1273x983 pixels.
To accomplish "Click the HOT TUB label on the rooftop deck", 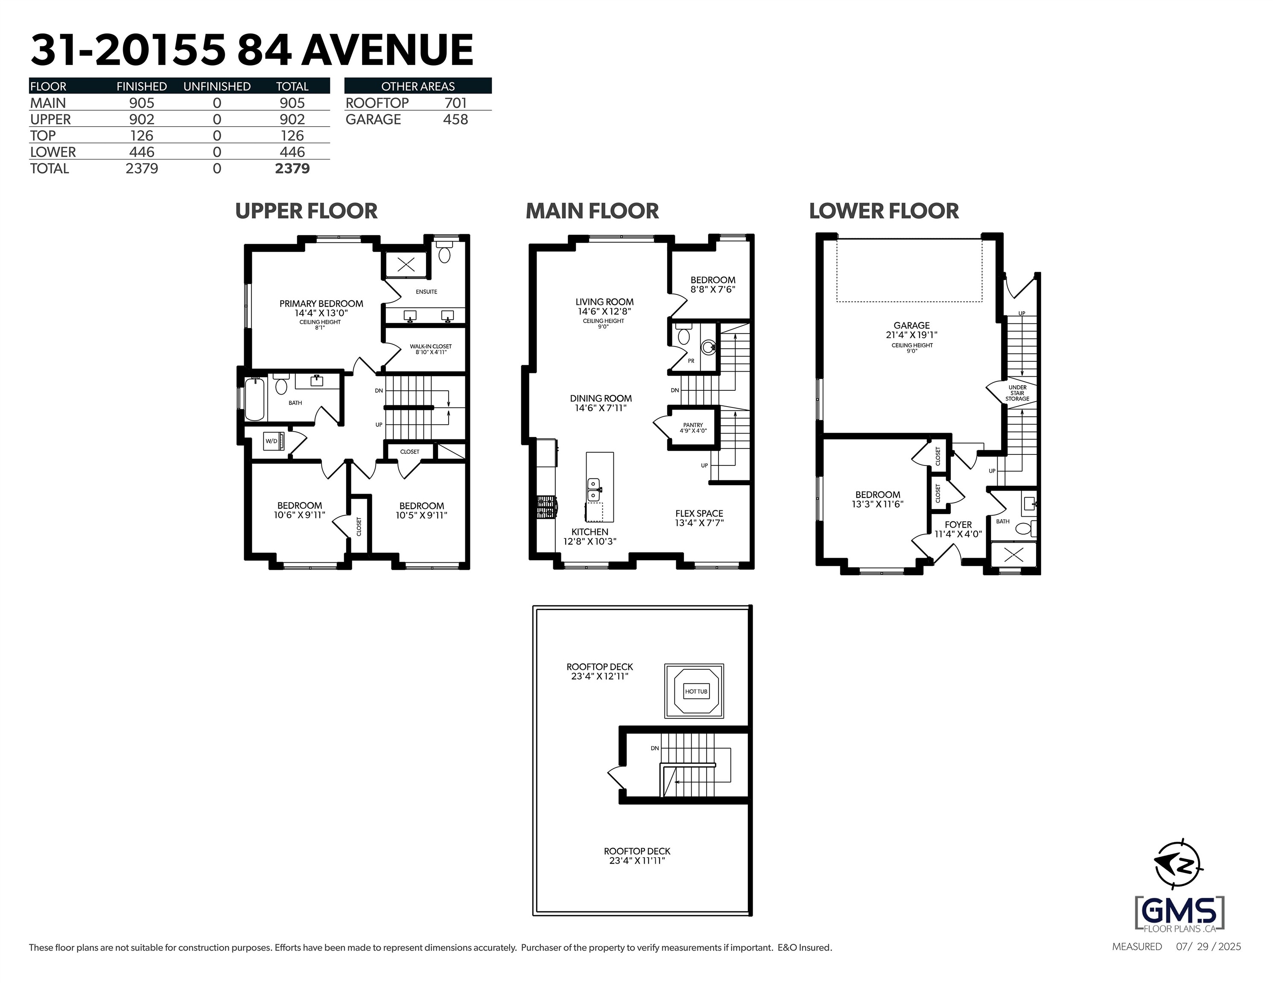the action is [696, 692].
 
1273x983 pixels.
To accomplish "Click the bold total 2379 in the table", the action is [292, 169].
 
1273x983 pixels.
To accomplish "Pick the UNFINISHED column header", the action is [217, 86].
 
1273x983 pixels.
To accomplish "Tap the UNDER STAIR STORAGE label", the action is [1017, 393].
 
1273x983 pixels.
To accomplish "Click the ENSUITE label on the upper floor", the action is [426, 291].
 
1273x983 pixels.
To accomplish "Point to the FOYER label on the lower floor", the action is [958, 524].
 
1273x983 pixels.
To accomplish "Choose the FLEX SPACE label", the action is [699, 513].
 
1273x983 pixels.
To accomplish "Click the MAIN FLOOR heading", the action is [592, 211].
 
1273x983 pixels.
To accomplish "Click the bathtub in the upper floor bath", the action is [255, 399].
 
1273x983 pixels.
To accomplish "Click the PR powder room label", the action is [691, 361].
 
